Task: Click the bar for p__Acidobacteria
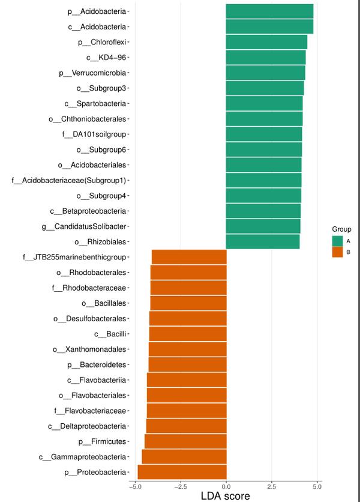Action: pos(269,11)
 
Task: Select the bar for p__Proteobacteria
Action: pos(182,472)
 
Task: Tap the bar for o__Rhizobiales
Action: pos(263,242)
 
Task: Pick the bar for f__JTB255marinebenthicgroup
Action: pos(189,257)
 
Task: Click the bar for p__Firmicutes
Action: pos(185,441)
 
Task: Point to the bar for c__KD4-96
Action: pos(266,58)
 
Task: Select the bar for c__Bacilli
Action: pos(188,334)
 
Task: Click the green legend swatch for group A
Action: pos(338,241)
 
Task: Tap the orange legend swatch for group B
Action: pos(338,252)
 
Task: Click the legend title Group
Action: pos(341,229)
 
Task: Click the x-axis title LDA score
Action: pos(225,495)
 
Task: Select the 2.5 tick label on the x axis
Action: pos(272,485)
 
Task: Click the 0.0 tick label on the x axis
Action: pos(226,485)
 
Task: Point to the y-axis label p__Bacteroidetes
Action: pos(97,364)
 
